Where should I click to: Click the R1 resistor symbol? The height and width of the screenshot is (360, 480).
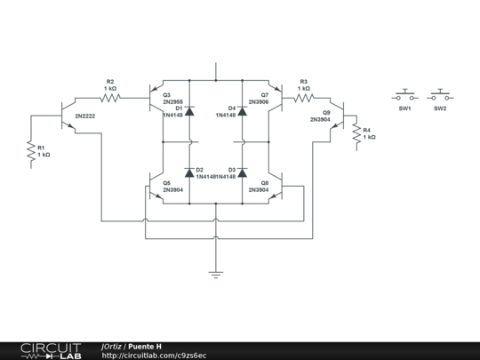click(x=31, y=155)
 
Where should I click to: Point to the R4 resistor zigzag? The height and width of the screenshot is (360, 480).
click(x=356, y=135)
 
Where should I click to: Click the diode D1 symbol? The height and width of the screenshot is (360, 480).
click(x=189, y=113)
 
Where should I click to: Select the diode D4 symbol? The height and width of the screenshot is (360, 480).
click(x=242, y=113)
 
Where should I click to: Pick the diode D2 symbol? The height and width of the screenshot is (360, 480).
click(x=189, y=172)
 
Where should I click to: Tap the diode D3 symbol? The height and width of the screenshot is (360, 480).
click(x=242, y=172)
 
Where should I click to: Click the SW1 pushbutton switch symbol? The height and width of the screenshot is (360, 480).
click(x=405, y=94)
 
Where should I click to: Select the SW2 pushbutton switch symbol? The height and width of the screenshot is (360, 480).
click(x=440, y=94)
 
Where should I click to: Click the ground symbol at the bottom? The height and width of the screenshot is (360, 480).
click(x=216, y=274)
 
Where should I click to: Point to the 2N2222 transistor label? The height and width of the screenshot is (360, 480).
click(x=85, y=116)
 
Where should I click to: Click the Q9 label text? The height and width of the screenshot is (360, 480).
click(x=326, y=113)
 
